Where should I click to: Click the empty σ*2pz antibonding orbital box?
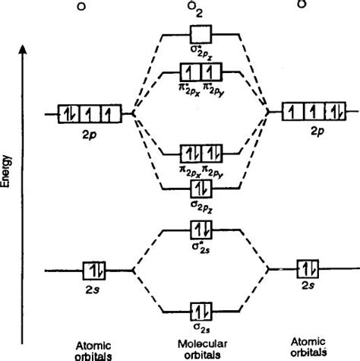point(201,34)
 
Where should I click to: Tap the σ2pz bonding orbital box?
point(201,186)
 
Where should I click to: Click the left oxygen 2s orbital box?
point(95,270)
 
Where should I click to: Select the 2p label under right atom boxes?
point(314,130)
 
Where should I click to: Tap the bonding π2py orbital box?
point(210,150)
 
